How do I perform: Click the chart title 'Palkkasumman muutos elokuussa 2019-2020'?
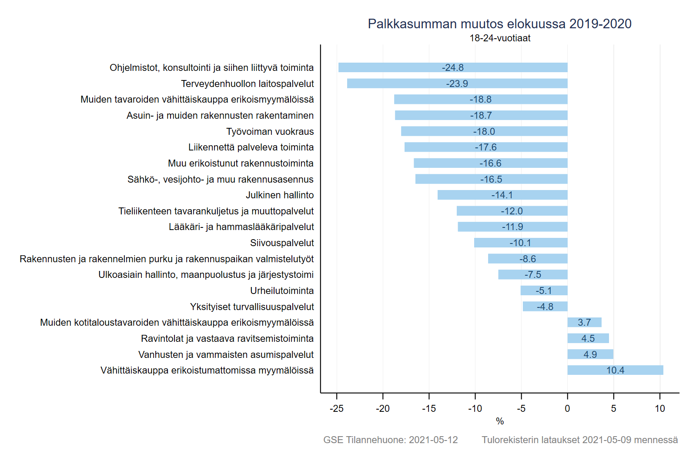coord(499,24)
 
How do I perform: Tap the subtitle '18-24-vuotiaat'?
coord(500,38)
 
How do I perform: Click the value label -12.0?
coord(512,211)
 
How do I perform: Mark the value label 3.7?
coord(584,322)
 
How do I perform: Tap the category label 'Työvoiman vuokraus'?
coord(270,131)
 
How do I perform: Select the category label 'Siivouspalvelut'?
coord(282,243)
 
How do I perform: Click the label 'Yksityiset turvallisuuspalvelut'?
coord(252,307)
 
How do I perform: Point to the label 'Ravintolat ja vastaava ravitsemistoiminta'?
coord(227,338)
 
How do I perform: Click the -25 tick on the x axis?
coord(337,408)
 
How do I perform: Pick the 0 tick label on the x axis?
coord(567,408)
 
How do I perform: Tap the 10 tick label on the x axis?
coord(660,408)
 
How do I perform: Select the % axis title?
coord(500,421)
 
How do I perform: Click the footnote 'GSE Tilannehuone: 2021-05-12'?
coord(390,440)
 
